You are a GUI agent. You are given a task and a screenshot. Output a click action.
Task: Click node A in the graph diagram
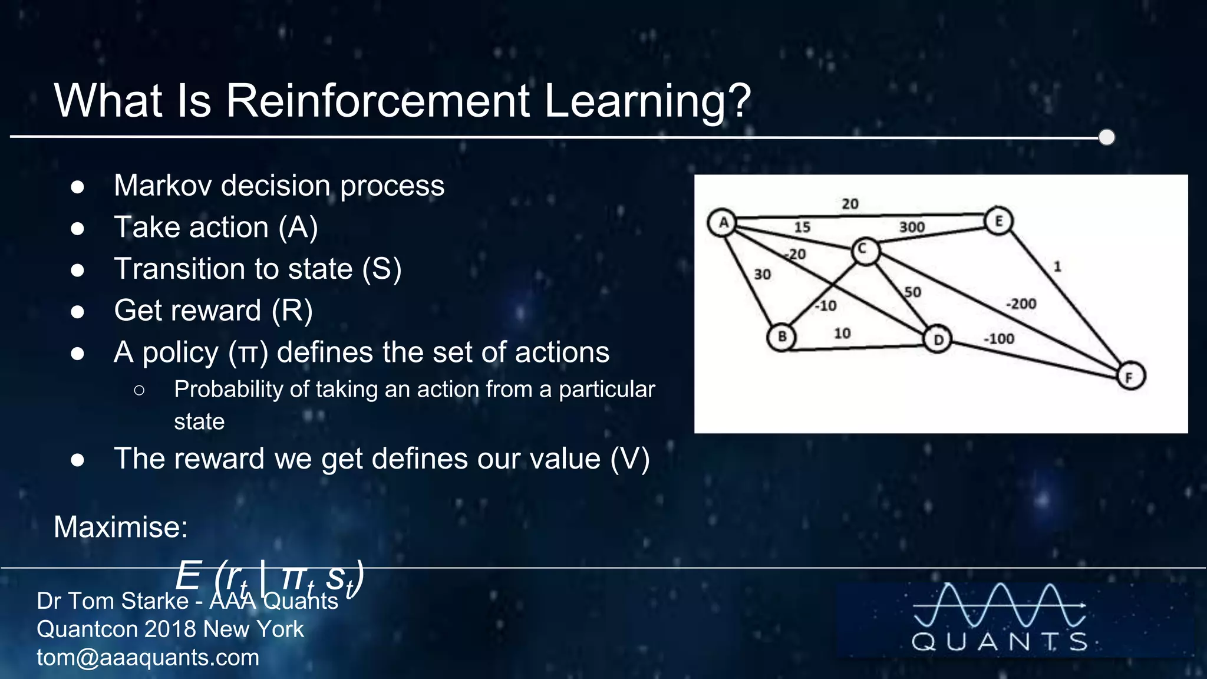pos(722,223)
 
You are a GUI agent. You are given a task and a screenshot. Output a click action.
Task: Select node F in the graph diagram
pos(1130,377)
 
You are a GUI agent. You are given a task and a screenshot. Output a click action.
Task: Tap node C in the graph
pos(865,250)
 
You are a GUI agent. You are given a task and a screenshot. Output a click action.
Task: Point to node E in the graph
pos(998,222)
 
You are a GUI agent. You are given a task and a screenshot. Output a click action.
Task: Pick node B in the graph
pos(781,337)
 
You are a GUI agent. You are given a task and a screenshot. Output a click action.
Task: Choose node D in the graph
pos(938,339)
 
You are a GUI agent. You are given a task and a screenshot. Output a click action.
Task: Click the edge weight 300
pos(911,228)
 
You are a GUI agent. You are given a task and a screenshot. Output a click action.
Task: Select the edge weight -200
pos(1021,304)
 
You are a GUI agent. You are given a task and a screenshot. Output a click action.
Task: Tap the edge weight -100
pos(999,339)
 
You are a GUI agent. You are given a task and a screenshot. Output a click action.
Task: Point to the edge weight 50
pos(912,292)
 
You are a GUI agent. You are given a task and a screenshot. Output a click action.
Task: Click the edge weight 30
pos(762,275)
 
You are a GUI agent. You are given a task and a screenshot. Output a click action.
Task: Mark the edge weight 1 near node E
pos(1057,266)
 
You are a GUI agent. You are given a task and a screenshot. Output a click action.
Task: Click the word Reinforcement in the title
pos(378,100)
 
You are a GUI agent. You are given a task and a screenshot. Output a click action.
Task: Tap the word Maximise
pos(121,526)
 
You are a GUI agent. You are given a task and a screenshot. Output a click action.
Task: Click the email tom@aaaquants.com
pos(148,657)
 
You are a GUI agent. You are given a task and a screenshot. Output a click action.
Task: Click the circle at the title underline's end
pos(1107,137)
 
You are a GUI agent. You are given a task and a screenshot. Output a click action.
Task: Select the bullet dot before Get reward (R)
pos(77,311)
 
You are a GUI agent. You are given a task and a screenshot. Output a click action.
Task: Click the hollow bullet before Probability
pos(139,390)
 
